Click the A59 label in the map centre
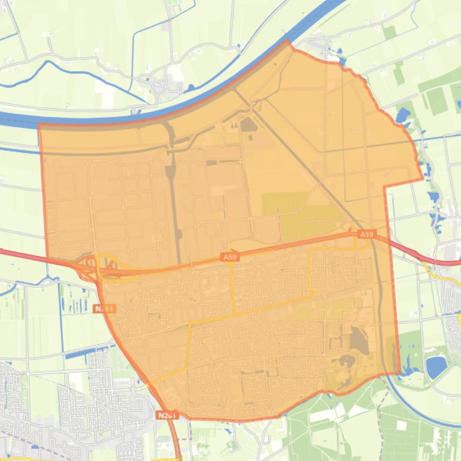point(229,257)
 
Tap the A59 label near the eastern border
point(366,234)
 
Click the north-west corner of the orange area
point(39,125)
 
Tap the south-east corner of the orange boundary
point(399,373)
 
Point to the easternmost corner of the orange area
point(422,178)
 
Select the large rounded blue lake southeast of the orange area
point(436,366)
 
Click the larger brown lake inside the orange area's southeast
point(359,340)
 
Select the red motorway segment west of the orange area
point(30,256)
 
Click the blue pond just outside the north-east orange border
point(402,114)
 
